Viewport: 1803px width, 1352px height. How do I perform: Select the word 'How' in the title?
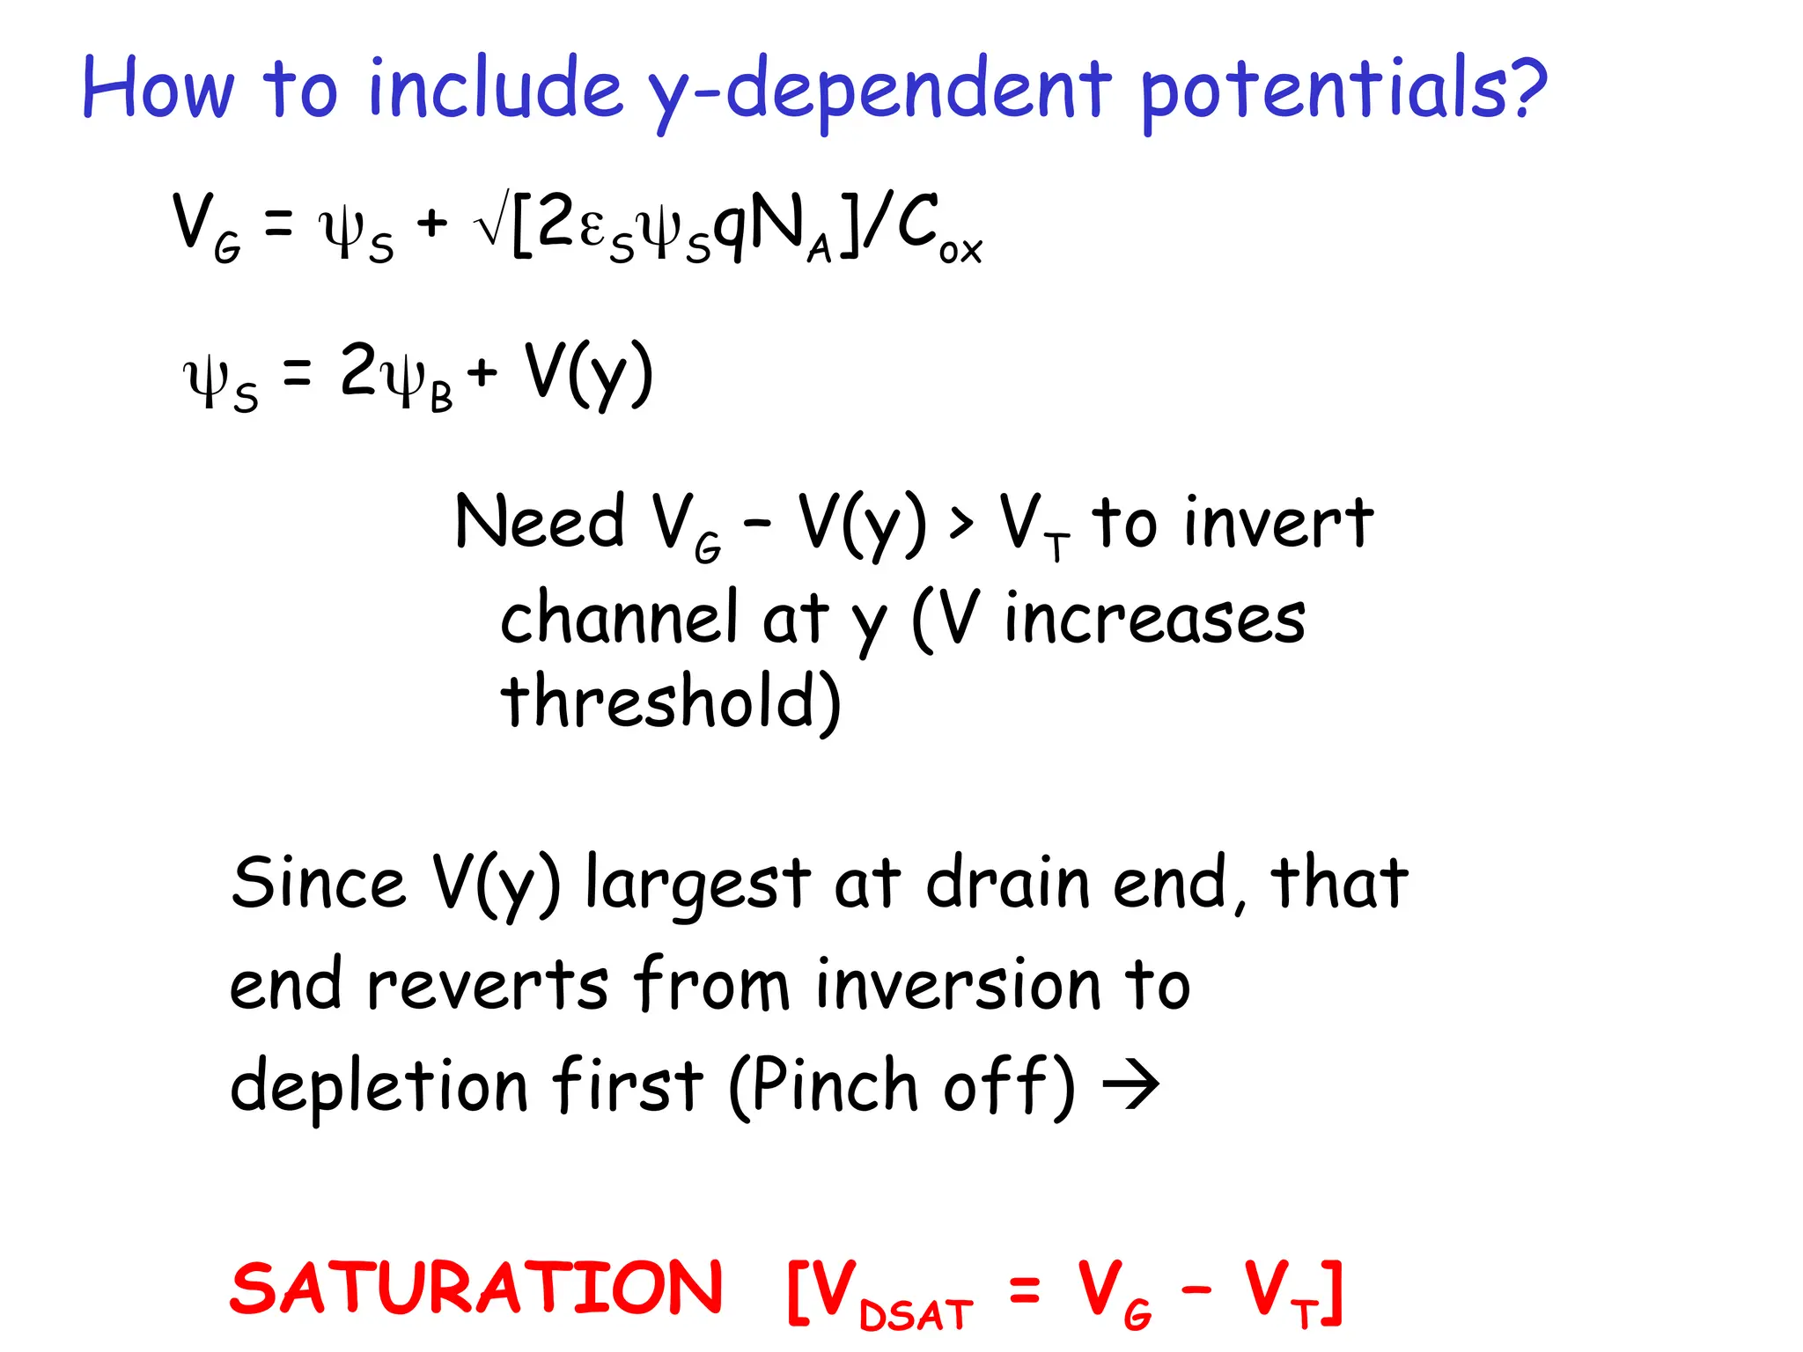tap(158, 88)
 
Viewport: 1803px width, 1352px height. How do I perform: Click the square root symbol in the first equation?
tap(490, 224)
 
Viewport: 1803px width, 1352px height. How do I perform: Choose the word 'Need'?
tap(540, 522)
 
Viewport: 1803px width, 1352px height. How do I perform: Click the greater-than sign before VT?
tap(961, 523)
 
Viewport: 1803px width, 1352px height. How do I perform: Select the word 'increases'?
tap(1155, 619)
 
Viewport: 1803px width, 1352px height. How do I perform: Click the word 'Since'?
tap(319, 883)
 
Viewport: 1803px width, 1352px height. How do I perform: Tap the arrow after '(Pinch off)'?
tap(1131, 1084)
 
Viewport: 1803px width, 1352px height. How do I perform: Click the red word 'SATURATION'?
tap(476, 1289)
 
